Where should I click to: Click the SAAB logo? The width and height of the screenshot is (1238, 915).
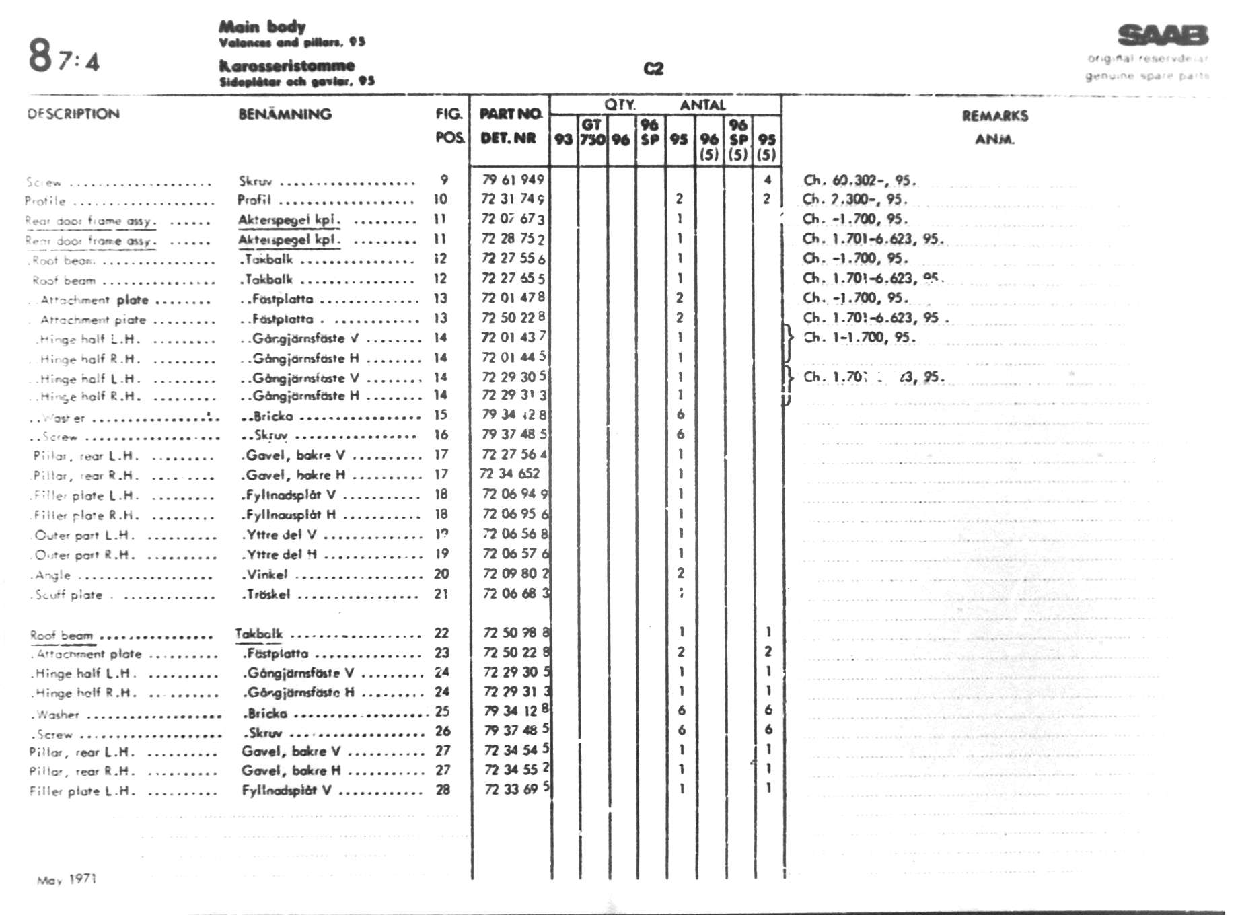(1162, 35)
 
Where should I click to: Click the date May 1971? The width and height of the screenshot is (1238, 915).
(67, 879)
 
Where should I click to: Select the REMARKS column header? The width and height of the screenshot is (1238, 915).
(994, 116)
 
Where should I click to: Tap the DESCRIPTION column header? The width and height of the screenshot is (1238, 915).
(73, 114)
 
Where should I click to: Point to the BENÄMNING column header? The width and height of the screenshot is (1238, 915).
(285, 114)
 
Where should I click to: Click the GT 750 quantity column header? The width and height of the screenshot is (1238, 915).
(592, 132)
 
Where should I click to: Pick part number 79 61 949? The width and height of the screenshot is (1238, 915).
(513, 180)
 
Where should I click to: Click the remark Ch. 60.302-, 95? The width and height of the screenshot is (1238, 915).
(859, 180)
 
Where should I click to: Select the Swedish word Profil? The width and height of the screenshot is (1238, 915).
(254, 200)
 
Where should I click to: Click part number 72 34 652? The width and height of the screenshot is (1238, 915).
(509, 474)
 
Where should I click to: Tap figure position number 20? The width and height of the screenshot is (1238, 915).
(441, 574)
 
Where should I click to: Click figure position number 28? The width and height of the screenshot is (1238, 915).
(442, 790)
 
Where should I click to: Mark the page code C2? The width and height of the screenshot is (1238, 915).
(653, 69)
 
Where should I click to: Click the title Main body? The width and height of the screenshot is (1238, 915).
(262, 27)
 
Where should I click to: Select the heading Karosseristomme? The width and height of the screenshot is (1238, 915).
(287, 66)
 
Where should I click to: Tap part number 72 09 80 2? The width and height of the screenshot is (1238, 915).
(515, 574)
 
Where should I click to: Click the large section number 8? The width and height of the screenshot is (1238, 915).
(40, 55)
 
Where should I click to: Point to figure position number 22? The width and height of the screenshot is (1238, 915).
(441, 633)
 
